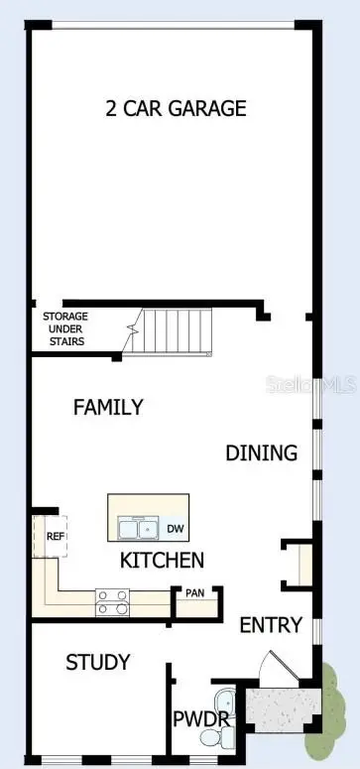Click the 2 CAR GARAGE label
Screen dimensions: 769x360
175,109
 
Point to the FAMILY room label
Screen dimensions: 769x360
108,407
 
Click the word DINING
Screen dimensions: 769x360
261,453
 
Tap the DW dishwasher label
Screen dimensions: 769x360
175,528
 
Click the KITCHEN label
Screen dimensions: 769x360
162,561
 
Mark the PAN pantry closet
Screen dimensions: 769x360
195,596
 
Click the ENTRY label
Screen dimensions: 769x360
270,625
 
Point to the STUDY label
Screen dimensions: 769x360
97,662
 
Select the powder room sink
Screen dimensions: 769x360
223,695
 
